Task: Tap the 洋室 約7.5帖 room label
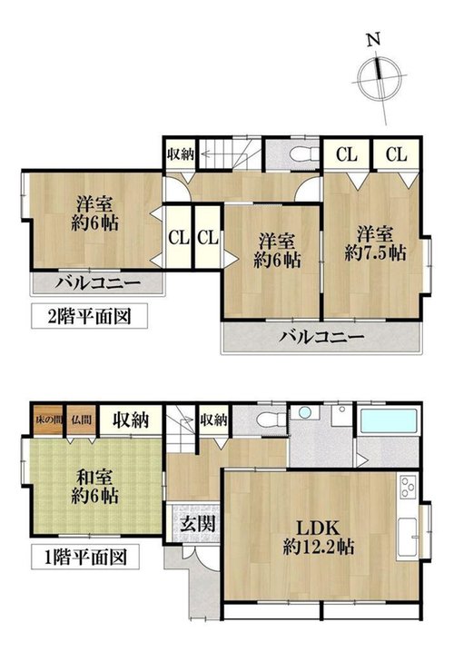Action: (375, 243)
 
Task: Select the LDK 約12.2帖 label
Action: (319, 538)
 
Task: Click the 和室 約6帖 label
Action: (95, 487)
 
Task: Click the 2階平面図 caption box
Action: (89, 316)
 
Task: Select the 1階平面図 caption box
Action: (85, 558)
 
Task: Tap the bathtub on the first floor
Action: (389, 420)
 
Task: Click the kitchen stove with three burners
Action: (407, 488)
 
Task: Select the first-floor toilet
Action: (271, 420)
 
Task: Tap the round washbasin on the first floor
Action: (305, 413)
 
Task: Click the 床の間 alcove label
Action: (48, 420)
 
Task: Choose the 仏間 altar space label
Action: (81, 420)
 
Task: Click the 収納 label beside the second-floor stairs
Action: (181, 154)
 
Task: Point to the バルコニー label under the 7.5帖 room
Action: (321, 337)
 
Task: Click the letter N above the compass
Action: (373, 40)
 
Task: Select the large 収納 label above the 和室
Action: (131, 420)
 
